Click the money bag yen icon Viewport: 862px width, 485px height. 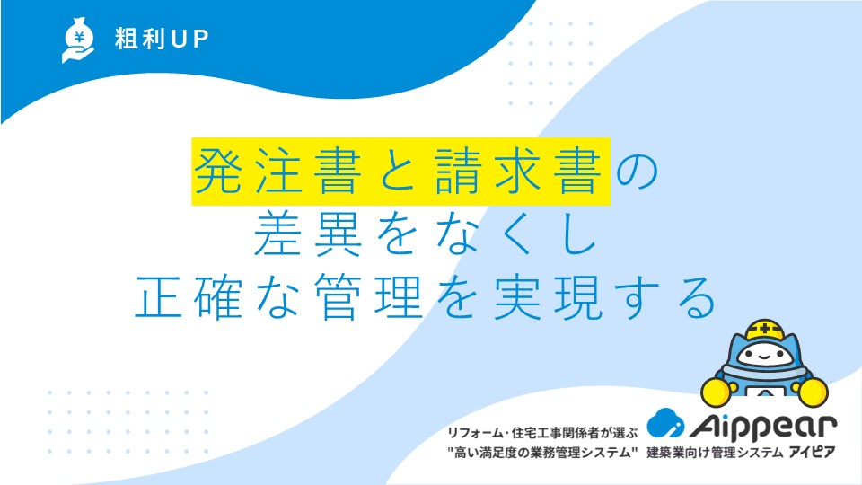click(x=78, y=40)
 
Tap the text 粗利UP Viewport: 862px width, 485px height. click(x=162, y=39)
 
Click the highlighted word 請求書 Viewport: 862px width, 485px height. click(x=517, y=171)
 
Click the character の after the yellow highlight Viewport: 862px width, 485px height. click(x=638, y=172)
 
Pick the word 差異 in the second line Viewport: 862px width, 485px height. click(x=308, y=234)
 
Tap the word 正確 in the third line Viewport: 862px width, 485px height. click(x=189, y=297)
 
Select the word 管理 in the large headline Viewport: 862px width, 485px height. click(x=368, y=297)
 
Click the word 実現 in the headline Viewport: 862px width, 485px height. click(x=548, y=297)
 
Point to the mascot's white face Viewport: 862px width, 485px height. click(x=764, y=356)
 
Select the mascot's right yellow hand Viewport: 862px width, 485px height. click(x=813, y=391)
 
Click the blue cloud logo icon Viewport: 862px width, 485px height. click(x=665, y=422)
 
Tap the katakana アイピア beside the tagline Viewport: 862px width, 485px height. click(x=812, y=453)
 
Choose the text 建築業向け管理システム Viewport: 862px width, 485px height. click(x=715, y=453)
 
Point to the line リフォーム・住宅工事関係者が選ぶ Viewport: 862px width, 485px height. click(x=542, y=433)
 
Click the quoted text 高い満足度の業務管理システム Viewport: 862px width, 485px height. click(x=542, y=453)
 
